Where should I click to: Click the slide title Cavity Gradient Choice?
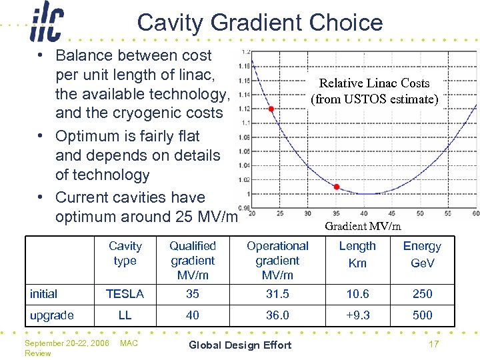point(260,23)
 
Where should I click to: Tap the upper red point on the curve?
point(271,109)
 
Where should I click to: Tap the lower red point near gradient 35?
point(337,187)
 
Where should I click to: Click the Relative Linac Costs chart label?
point(374,91)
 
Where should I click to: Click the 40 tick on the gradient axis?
point(363,213)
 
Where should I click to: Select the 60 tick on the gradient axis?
point(475,213)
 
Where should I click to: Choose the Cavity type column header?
point(125,253)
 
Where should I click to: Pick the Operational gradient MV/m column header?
point(277,260)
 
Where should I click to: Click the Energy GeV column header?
point(422,254)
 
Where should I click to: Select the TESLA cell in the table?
point(125,293)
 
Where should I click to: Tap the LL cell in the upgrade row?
point(125,315)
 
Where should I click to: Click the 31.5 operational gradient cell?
point(277,293)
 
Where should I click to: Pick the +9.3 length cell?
point(357,315)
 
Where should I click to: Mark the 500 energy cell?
point(422,315)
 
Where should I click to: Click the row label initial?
point(44,293)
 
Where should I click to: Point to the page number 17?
point(433,345)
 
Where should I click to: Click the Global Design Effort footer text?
point(240,345)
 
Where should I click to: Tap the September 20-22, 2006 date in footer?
point(67,343)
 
